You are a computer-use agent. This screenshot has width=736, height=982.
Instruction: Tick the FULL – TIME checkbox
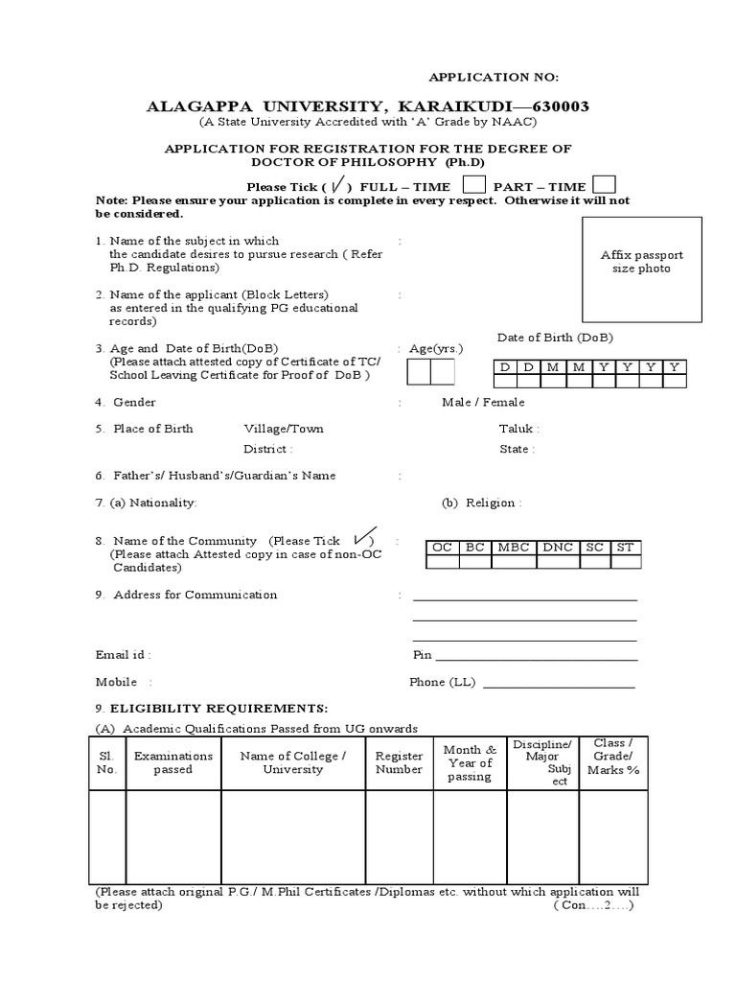tap(474, 185)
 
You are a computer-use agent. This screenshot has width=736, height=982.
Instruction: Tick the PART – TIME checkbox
tap(604, 185)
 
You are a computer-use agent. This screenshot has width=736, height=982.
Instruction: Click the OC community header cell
tap(442, 548)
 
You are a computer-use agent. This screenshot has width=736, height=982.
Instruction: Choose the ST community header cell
tap(625, 548)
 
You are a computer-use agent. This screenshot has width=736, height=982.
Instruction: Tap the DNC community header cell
tap(558, 548)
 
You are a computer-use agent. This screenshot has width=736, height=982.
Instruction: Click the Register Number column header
tap(400, 762)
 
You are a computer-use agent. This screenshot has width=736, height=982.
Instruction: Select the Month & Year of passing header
tap(469, 762)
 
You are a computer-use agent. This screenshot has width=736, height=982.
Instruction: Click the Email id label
tap(123, 655)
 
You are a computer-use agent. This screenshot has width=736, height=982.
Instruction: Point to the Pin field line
tap(536, 659)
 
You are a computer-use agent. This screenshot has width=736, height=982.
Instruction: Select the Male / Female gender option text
tap(483, 403)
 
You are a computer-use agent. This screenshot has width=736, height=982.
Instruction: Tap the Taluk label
tap(518, 429)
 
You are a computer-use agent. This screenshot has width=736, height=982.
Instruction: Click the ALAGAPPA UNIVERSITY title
tap(367, 105)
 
